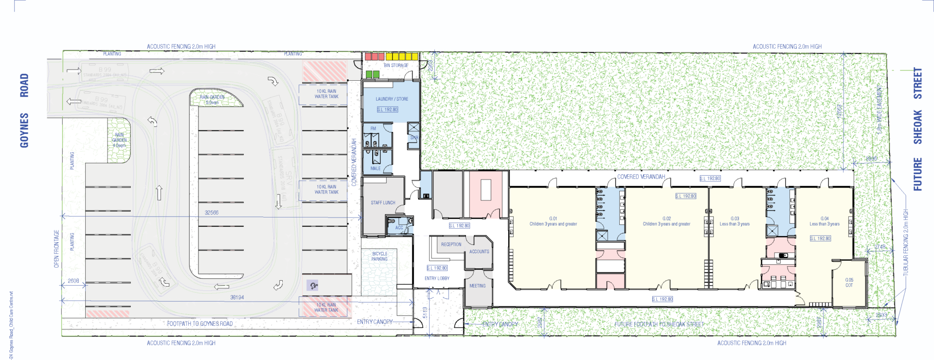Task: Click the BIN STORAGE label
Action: tap(395, 65)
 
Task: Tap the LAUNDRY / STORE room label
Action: tap(392, 99)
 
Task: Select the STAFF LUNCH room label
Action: tap(383, 202)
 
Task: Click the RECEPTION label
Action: tap(451, 244)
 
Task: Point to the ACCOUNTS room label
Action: tap(479, 252)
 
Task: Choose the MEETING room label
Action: tap(477, 286)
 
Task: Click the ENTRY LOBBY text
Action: tap(437, 278)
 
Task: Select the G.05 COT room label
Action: tap(849, 283)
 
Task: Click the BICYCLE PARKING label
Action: tap(379, 256)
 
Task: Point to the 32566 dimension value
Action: tap(211, 213)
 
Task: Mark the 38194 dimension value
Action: tap(237, 297)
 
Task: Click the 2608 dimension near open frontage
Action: tap(73, 281)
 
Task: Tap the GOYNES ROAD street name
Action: tap(24, 110)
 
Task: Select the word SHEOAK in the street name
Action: tap(917, 127)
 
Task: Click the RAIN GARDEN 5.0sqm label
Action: tap(212, 100)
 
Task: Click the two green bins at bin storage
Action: tap(372, 74)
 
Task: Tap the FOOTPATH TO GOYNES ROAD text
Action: tap(199, 324)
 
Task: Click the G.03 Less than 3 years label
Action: tap(735, 221)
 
